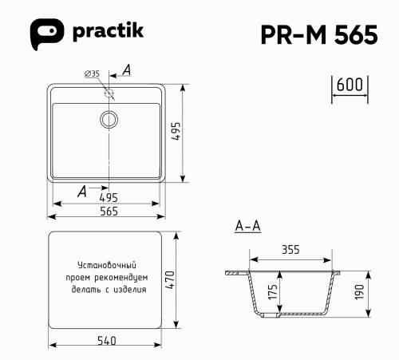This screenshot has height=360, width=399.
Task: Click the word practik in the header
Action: (106, 34)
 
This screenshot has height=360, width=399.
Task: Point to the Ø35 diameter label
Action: (92, 74)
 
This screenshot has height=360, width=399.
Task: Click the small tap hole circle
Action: (109, 93)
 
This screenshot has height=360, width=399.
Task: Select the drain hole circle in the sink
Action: (109, 120)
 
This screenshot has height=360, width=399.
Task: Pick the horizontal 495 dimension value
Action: (109, 197)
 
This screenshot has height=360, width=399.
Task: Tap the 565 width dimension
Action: (109, 211)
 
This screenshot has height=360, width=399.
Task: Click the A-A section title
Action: (247, 227)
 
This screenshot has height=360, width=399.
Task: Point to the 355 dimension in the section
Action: (290, 250)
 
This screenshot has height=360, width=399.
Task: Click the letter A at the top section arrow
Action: (126, 71)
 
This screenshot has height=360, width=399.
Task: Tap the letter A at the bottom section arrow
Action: (82, 190)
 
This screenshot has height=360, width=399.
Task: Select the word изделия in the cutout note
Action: (131, 290)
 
